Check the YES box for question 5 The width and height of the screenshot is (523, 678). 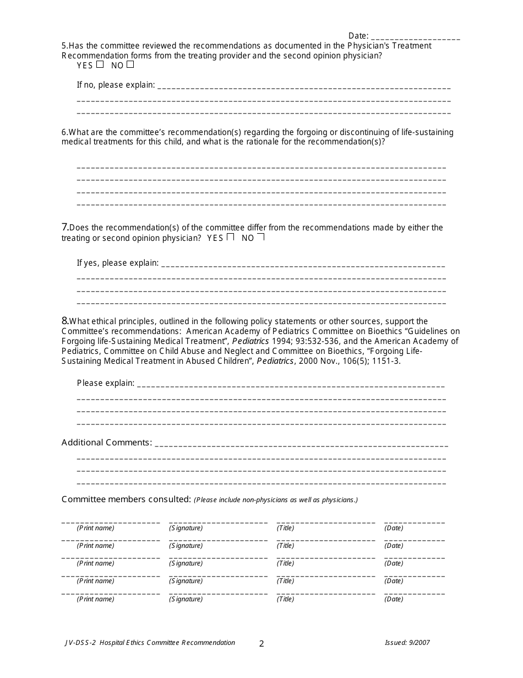tap(100, 64)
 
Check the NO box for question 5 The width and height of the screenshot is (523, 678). tap(130, 64)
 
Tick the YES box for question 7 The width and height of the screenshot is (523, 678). tap(231, 238)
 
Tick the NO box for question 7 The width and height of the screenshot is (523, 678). tap(261, 238)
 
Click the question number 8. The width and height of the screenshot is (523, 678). tap(64, 321)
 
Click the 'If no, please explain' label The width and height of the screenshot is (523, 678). tap(116, 85)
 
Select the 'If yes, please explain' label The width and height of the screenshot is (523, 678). tap(117, 263)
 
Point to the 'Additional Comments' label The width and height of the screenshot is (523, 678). tap(106, 442)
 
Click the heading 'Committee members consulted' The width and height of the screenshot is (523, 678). tap(126, 499)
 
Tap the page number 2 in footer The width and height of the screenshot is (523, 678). tap(261, 643)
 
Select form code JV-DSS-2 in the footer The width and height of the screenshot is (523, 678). tap(79, 643)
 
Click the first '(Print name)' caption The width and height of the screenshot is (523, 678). tap(95, 528)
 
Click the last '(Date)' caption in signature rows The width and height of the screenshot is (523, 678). tap(394, 599)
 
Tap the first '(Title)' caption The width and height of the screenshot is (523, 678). tap(285, 528)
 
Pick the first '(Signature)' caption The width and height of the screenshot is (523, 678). tap(186, 528)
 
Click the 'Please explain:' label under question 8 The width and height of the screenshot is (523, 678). tap(105, 383)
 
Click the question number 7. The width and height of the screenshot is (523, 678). tap(64, 227)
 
